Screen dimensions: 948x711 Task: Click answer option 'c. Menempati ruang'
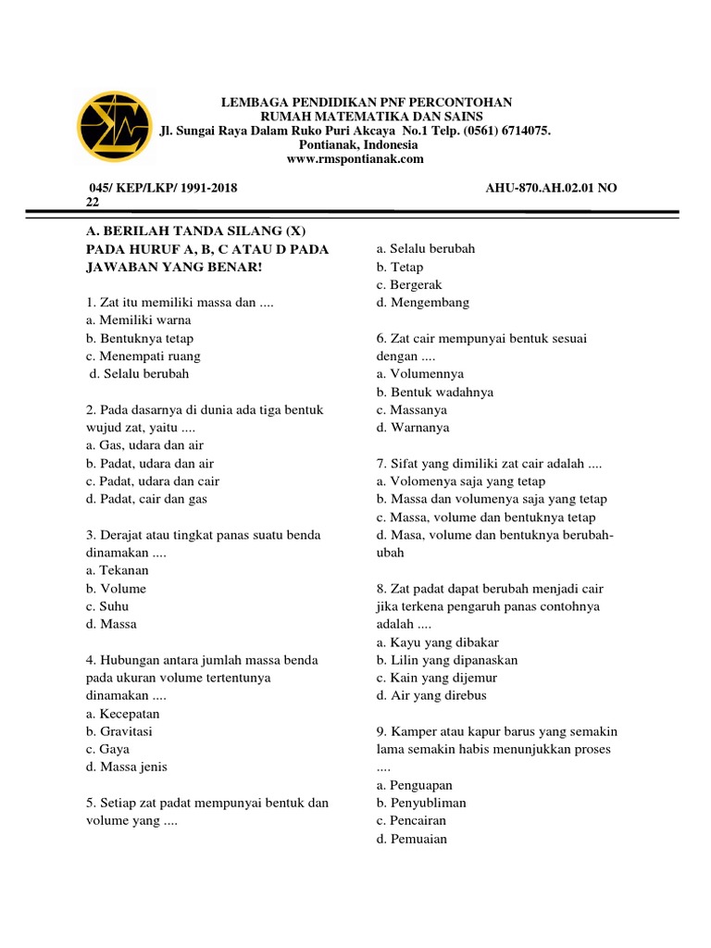pyautogui.click(x=143, y=356)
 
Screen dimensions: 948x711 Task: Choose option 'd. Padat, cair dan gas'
pyautogui.click(x=146, y=499)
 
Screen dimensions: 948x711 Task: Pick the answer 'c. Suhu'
pyautogui.click(x=107, y=606)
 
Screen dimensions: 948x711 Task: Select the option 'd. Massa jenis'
pyautogui.click(x=127, y=767)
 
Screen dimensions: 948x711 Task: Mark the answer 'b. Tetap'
pyautogui.click(x=400, y=267)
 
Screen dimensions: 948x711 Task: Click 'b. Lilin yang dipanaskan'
pyautogui.click(x=447, y=660)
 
